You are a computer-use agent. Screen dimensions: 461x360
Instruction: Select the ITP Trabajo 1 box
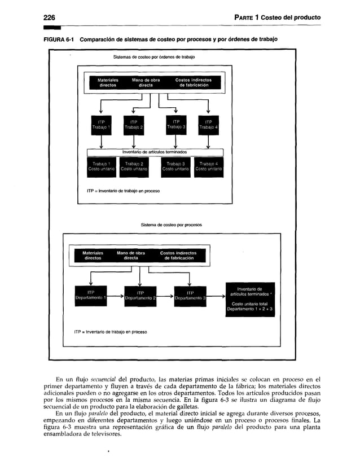pos(102,125)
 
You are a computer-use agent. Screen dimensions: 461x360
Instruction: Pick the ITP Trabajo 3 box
pos(176,125)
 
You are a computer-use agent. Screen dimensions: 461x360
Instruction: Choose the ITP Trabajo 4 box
pos(208,125)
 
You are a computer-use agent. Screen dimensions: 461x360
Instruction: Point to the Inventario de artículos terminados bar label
pos(155,152)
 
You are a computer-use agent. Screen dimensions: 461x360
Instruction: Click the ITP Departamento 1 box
pos(91,295)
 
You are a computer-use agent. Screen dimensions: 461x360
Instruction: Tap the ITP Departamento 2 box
pos(140,295)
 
